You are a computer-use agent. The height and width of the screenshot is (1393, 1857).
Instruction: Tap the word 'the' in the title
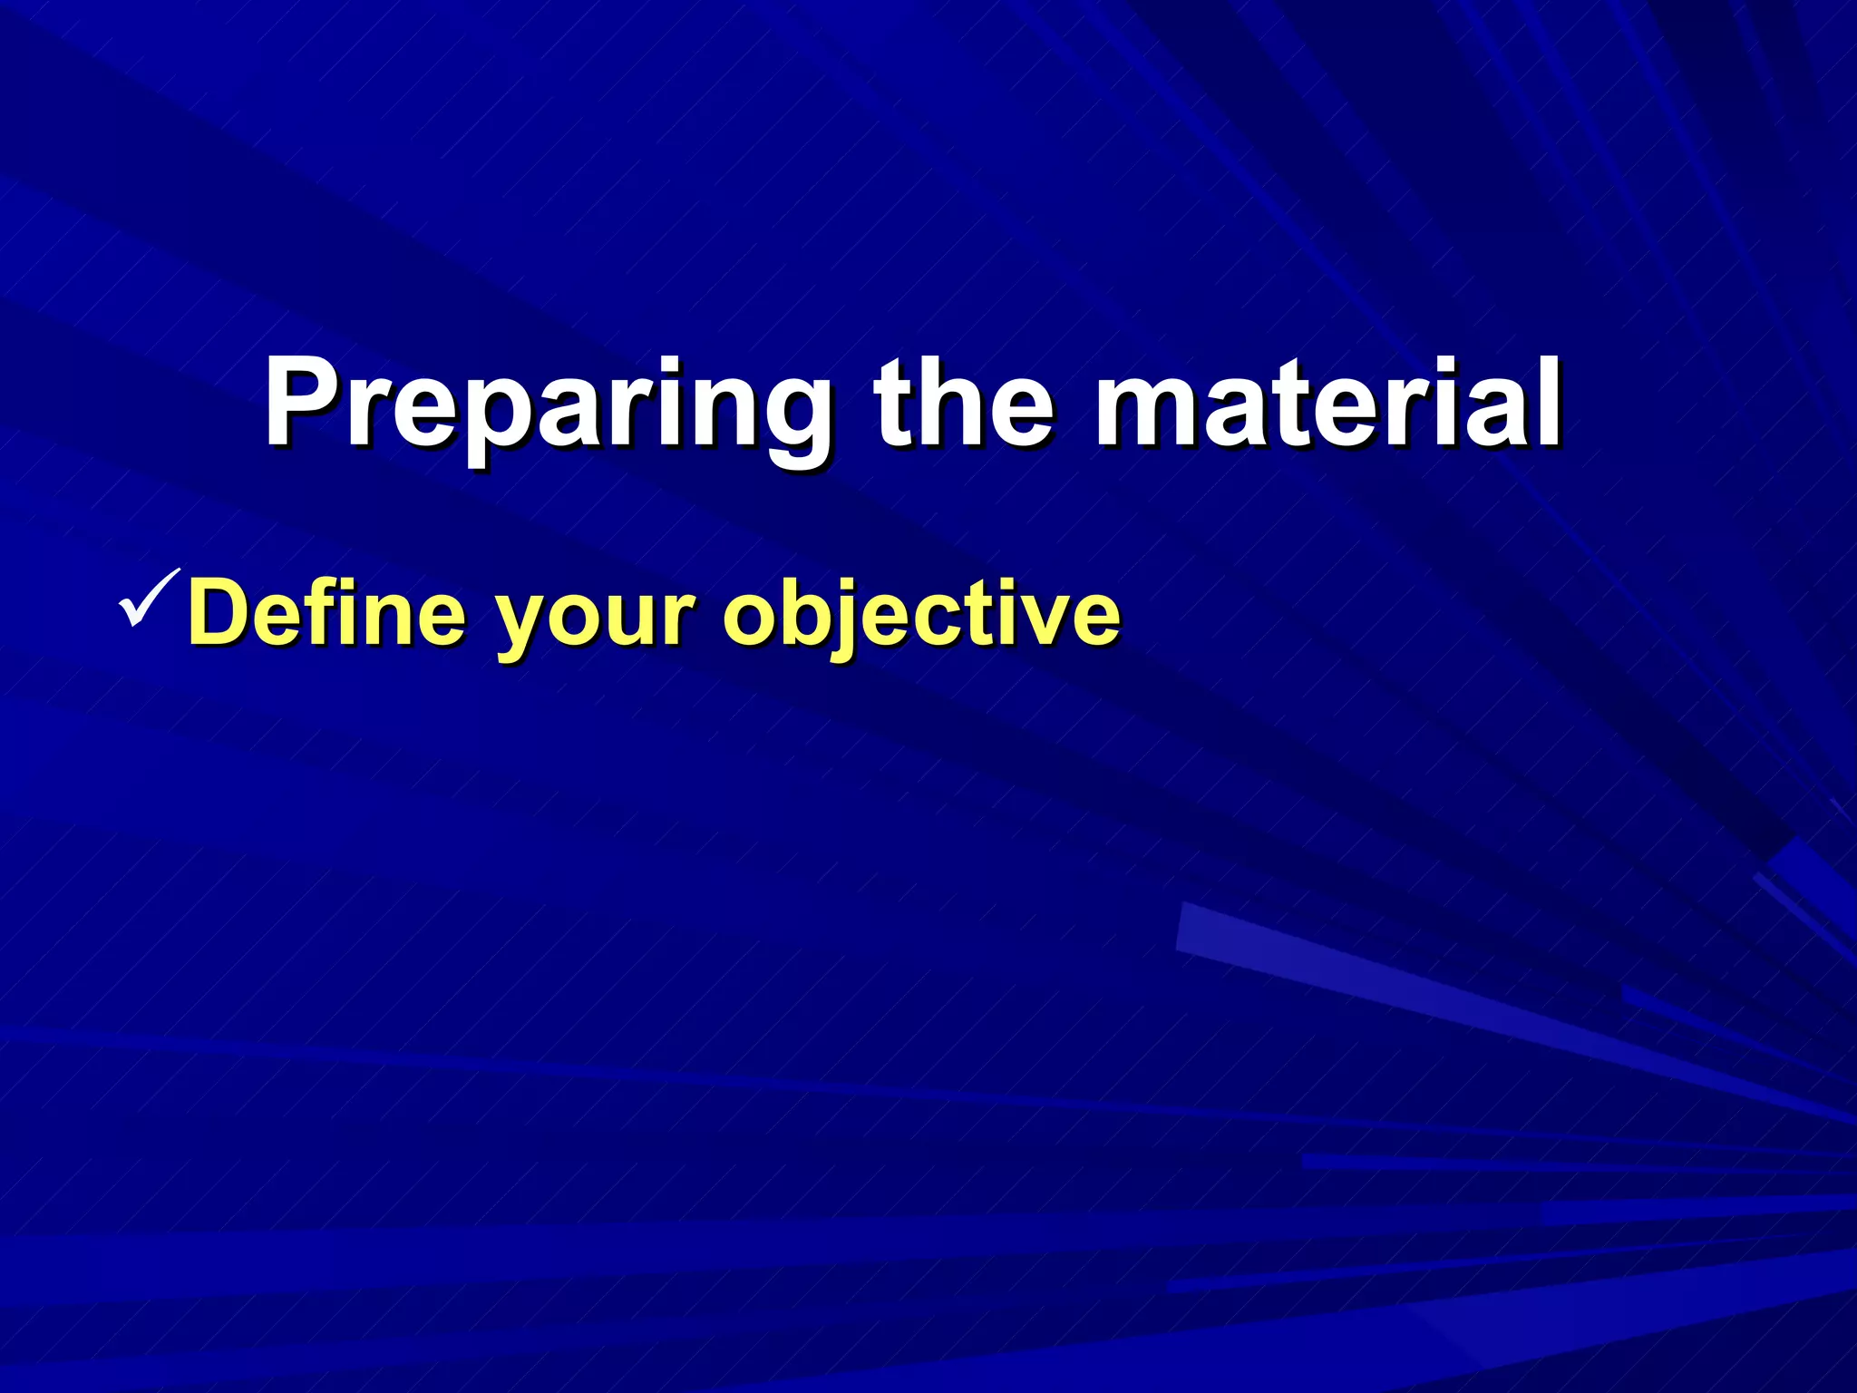pos(963,404)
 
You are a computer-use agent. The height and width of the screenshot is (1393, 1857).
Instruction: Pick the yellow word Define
pos(326,615)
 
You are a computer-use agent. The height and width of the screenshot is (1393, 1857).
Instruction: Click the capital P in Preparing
pos(304,404)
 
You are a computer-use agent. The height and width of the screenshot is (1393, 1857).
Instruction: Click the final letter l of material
pos(1549,404)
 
